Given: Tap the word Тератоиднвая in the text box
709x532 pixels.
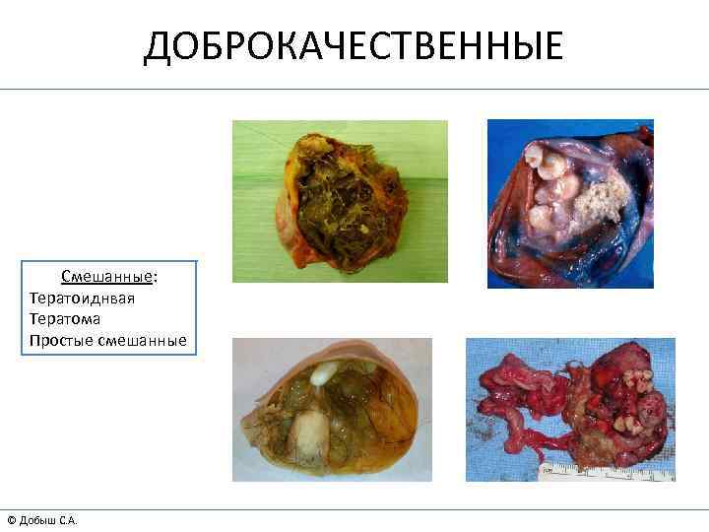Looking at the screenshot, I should (82, 299).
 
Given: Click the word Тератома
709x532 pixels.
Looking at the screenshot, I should (65, 319).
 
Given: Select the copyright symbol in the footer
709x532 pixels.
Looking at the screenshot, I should (11, 519).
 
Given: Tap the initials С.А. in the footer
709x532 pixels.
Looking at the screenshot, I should (67, 519).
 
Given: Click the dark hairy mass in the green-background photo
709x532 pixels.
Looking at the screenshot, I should (340, 202).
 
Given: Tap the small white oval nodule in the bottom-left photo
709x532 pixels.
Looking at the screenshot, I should (322, 373).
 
